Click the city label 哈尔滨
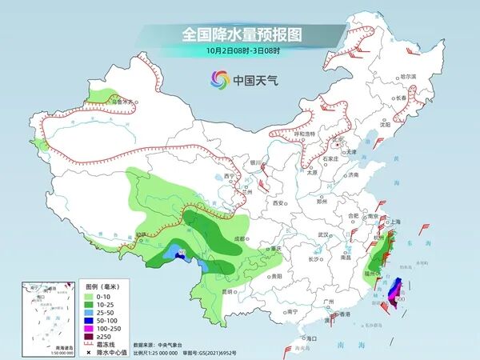point(409,76)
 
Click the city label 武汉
point(323,234)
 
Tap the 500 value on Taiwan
point(400,298)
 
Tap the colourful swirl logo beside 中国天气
point(219,78)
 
